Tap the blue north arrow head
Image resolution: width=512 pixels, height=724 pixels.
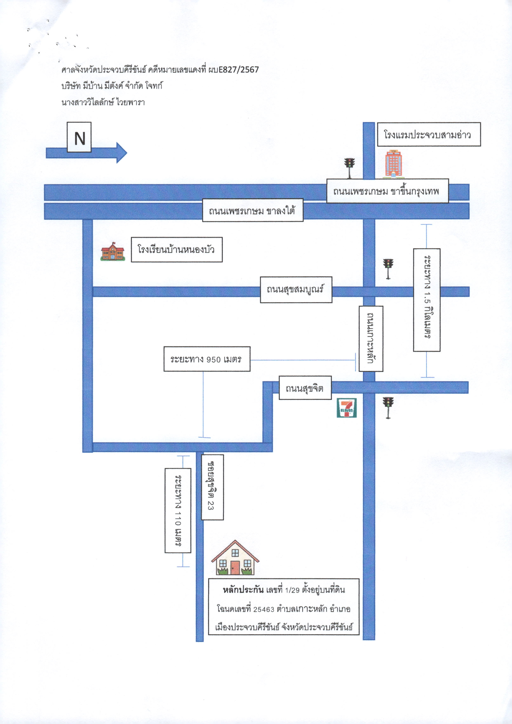122,153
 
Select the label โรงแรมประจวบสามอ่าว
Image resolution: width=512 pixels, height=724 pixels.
429,134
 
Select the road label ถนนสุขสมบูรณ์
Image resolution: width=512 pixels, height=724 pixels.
296,290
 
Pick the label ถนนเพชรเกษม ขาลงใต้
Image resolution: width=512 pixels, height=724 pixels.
252,210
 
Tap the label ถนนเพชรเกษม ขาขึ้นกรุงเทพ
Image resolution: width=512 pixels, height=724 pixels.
387,191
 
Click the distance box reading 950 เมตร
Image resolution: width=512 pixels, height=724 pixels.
207,359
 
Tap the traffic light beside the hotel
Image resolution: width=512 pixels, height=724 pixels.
349,168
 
